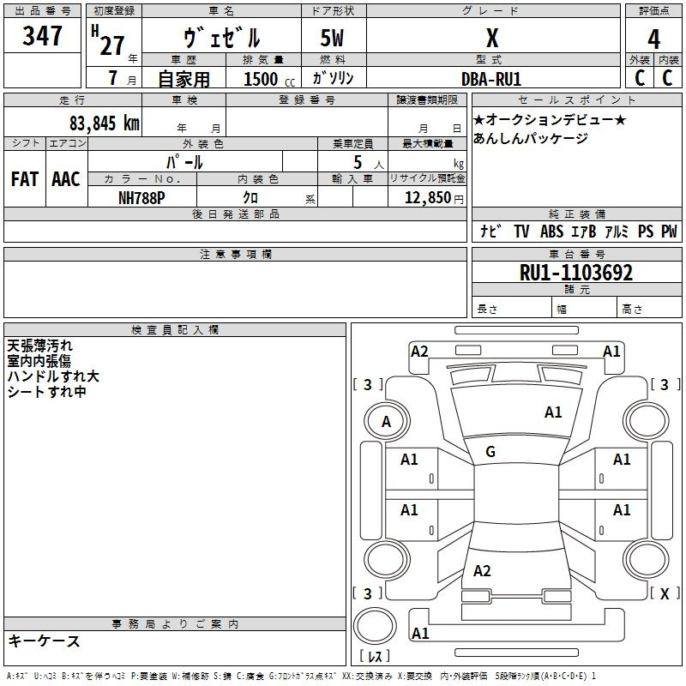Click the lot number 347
tap(42, 35)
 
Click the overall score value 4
tap(653, 39)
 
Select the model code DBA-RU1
tap(491, 79)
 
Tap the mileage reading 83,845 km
tap(105, 123)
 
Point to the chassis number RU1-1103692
tap(575, 273)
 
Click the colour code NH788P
tap(141, 198)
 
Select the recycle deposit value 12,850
tap(427, 198)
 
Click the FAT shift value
tap(25, 179)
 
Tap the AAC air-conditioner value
tap(66, 179)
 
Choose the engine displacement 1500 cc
tap(269, 79)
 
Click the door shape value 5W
tap(332, 38)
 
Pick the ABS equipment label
tap(551, 231)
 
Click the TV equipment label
tap(521, 231)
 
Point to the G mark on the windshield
tap(490, 452)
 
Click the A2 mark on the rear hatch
tap(482, 570)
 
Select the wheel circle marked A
tap(387, 421)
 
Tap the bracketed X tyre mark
tap(665, 593)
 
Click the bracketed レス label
tap(375, 656)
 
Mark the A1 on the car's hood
tap(553, 412)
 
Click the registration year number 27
tap(112, 45)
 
